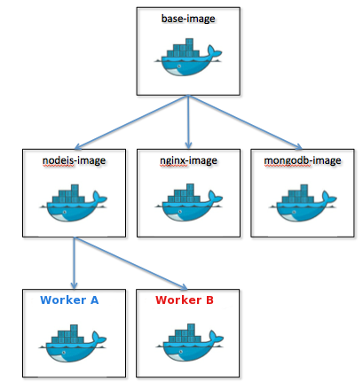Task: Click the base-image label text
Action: [188, 19]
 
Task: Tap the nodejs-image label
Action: [74, 160]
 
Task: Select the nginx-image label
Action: [188, 160]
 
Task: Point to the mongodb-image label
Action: [303, 160]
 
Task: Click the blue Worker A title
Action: [69, 300]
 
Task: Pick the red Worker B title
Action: [185, 300]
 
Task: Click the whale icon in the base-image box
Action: [188, 57]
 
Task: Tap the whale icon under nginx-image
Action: [188, 203]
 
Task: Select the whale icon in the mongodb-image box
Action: [303, 203]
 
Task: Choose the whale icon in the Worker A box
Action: [73, 344]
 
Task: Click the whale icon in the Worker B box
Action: [190, 343]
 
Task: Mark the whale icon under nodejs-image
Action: [73, 203]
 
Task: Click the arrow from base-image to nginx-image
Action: [188, 121]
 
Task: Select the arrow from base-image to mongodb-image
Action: [245, 121]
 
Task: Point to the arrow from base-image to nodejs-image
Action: [131, 121]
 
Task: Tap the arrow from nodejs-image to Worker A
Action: [74, 263]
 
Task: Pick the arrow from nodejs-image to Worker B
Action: [130, 263]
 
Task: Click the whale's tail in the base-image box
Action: [214, 51]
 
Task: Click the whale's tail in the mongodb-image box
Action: [328, 198]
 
